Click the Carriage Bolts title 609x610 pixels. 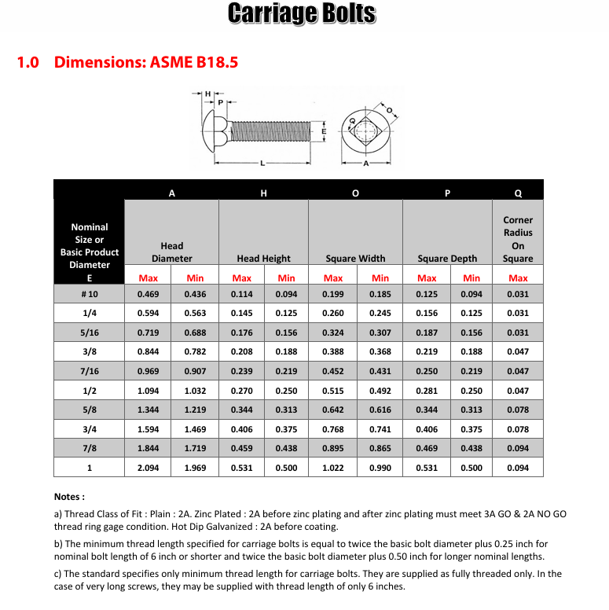[302, 14]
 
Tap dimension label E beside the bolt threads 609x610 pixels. [325, 130]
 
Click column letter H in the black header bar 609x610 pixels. [263, 193]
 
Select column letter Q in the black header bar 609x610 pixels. [518, 193]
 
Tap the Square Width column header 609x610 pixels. [355, 258]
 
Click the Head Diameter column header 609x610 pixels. [171, 252]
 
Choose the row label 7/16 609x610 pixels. [89, 371]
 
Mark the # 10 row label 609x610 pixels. [89, 294]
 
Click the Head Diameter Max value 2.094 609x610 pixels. [149, 468]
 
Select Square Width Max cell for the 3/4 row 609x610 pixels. [333, 429]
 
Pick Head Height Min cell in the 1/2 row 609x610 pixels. [286, 391]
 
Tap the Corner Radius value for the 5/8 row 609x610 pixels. [518, 410]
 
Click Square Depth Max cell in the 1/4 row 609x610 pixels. [427, 314]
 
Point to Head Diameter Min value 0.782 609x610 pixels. [195, 352]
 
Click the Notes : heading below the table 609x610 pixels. [69, 497]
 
